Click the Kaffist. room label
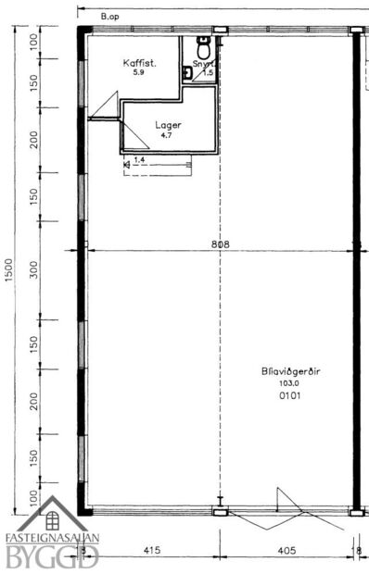coord(139,63)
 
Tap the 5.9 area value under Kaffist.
coord(139,72)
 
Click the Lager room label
coord(167,125)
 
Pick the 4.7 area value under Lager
coord(167,135)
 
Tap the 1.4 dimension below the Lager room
coord(139,160)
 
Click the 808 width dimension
coord(220,244)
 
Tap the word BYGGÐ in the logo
coord(53,556)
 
